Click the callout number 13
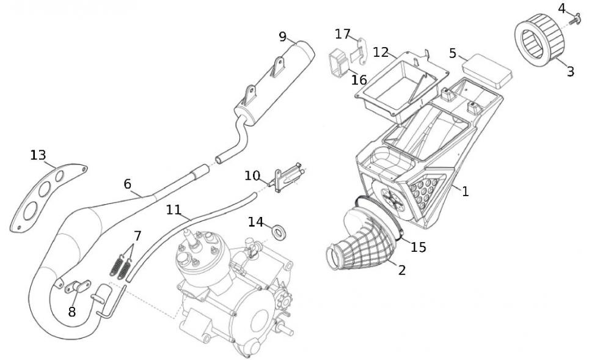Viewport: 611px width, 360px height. coord(38,155)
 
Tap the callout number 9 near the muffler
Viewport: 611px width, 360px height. coord(282,36)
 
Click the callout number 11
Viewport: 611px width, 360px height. coord(174,210)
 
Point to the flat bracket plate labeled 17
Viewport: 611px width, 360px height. coord(361,50)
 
